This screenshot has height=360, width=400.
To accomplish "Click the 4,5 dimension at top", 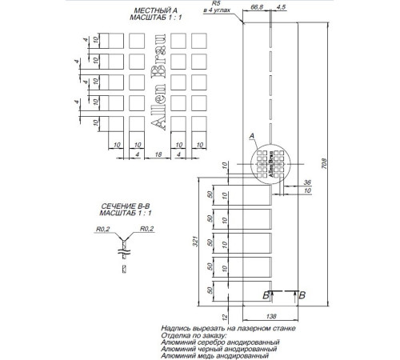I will point(281,6).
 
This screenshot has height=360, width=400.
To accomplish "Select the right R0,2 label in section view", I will point(146,229).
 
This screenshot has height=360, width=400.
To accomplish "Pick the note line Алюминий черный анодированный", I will point(219,349).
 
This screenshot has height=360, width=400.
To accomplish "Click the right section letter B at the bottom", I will point(302,294).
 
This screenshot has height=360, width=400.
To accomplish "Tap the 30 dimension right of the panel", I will point(308,192).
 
